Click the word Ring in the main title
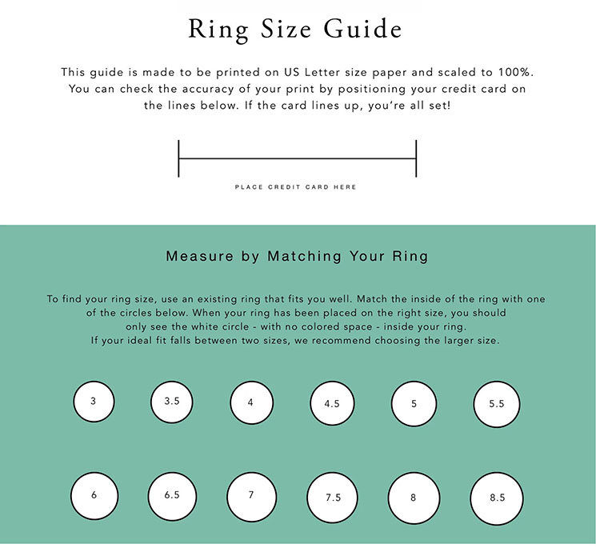(x=218, y=30)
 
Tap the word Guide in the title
(x=362, y=28)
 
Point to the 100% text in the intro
(x=516, y=72)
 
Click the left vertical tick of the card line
(x=178, y=158)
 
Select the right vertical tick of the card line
(x=416, y=158)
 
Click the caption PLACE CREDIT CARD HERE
(x=295, y=186)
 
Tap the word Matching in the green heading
(x=304, y=257)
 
